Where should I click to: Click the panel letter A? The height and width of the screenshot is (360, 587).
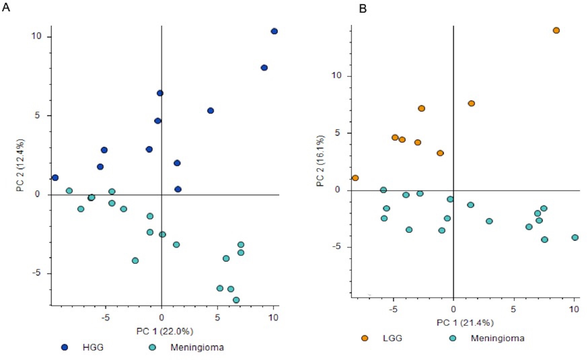click(x=6, y=7)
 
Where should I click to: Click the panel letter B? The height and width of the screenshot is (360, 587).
click(x=363, y=8)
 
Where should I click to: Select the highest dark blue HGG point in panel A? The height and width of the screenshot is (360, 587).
click(x=274, y=31)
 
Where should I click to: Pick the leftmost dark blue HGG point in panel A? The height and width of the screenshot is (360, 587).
click(x=55, y=178)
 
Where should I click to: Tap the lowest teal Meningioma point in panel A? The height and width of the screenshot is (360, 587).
click(x=236, y=300)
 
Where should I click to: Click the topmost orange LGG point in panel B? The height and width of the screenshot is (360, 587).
click(x=556, y=31)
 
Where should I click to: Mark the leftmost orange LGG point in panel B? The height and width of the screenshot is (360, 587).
click(x=355, y=178)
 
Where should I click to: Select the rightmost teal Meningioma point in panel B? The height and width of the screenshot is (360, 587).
click(x=575, y=238)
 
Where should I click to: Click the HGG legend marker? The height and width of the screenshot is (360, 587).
click(x=65, y=347)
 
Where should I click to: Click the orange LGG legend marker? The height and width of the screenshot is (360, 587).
click(x=365, y=338)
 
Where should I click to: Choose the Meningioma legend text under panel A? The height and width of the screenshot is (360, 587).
click(x=197, y=347)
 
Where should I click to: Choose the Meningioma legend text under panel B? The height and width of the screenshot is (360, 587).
click(x=497, y=338)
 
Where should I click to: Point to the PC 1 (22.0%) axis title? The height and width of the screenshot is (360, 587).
click(x=165, y=331)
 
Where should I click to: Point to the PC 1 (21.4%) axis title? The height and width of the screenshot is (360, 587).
click(x=465, y=323)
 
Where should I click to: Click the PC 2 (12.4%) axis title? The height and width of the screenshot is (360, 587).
click(x=21, y=165)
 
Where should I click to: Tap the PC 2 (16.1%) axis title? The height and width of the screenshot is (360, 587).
click(x=320, y=161)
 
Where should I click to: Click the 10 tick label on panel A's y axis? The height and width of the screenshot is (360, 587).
click(x=36, y=36)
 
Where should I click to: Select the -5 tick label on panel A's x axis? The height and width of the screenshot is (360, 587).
click(x=105, y=317)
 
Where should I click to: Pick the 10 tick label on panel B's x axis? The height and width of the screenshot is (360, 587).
click(x=574, y=309)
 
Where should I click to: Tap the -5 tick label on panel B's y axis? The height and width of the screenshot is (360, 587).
click(x=336, y=247)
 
